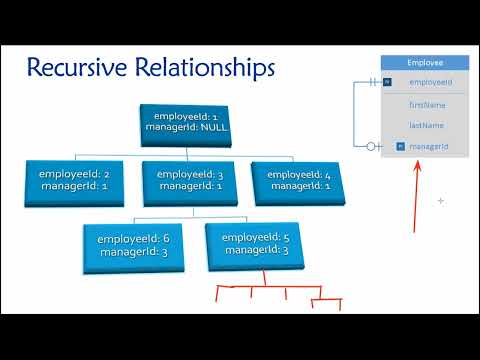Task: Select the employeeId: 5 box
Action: click(257, 243)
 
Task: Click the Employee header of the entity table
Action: click(426, 62)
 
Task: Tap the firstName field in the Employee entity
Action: click(427, 104)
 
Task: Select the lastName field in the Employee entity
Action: click(427, 125)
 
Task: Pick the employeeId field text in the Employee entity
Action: click(431, 82)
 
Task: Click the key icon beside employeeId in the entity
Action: click(388, 82)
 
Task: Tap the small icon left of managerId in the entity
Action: click(399, 147)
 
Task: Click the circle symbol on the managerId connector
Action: click(370, 147)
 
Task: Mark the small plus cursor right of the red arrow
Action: click(440, 201)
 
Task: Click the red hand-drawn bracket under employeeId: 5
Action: click(280, 292)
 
